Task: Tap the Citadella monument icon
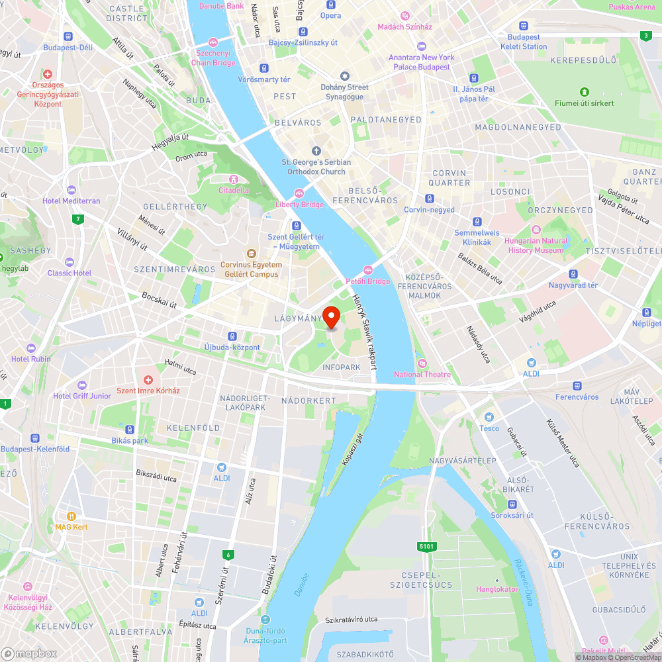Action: pos(233,179)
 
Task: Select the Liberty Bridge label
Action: pos(300,205)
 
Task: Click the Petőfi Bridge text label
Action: pos(368,281)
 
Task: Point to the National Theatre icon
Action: pos(422,363)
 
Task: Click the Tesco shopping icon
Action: pos(489,417)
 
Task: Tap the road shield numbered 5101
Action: pos(427,546)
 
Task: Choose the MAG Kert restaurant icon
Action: pos(71,516)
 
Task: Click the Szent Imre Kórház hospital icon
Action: pos(148,381)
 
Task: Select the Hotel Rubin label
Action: pos(31,359)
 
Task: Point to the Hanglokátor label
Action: pos(497,589)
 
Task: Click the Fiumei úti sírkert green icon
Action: pos(585,92)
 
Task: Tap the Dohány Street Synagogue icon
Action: pos(344,76)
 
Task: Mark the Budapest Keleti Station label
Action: pos(524,42)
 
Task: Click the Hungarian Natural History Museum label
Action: pos(536,246)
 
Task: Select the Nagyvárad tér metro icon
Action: pos(573,274)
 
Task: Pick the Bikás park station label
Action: pos(130,440)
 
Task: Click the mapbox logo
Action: pos(29,653)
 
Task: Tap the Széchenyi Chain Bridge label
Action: pos(213,58)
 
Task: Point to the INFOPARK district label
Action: pos(342,367)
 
